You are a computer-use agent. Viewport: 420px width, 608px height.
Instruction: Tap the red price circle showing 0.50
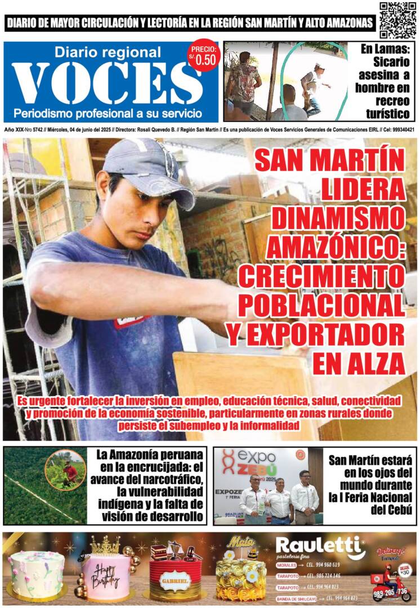tap(203, 57)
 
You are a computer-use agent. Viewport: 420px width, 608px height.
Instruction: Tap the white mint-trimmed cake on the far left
tap(36, 574)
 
